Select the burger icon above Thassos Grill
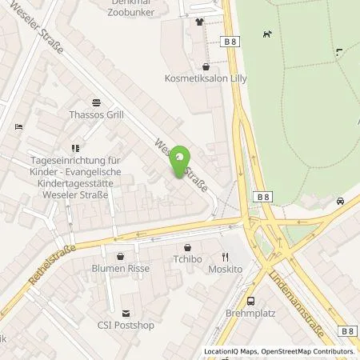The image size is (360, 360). [x=96, y=102]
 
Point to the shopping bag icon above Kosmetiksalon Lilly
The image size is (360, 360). [x=206, y=67]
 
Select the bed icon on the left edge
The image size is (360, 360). [x=18, y=126]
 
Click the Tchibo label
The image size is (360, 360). [x=187, y=260]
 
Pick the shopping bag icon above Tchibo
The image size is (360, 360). [x=187, y=247]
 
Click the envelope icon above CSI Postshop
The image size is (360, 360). [x=124, y=313]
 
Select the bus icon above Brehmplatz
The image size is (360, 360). [x=252, y=302]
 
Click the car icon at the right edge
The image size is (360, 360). [x=341, y=201]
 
